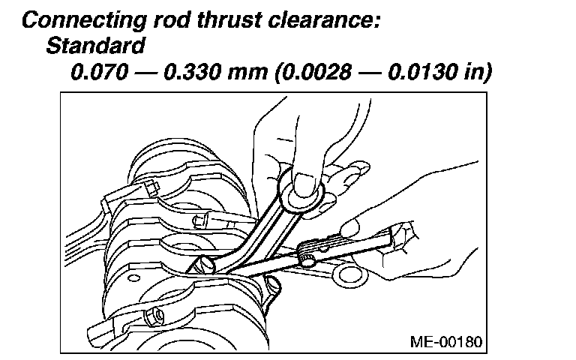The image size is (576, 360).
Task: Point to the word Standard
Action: pos(95,46)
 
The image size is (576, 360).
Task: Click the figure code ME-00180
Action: pos(448,341)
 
